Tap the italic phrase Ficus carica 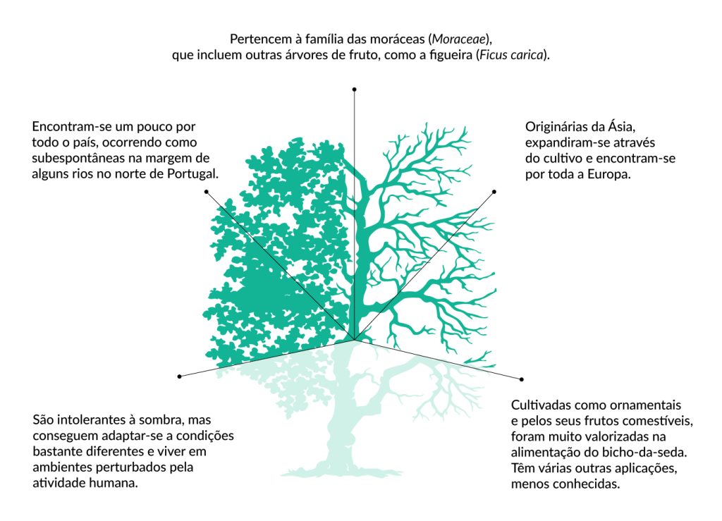[511, 55]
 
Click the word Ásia [623, 127]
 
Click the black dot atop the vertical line [355, 90]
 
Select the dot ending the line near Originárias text [494, 192]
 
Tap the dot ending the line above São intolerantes [180, 376]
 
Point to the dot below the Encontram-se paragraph [206, 192]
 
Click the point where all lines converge [355, 341]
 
